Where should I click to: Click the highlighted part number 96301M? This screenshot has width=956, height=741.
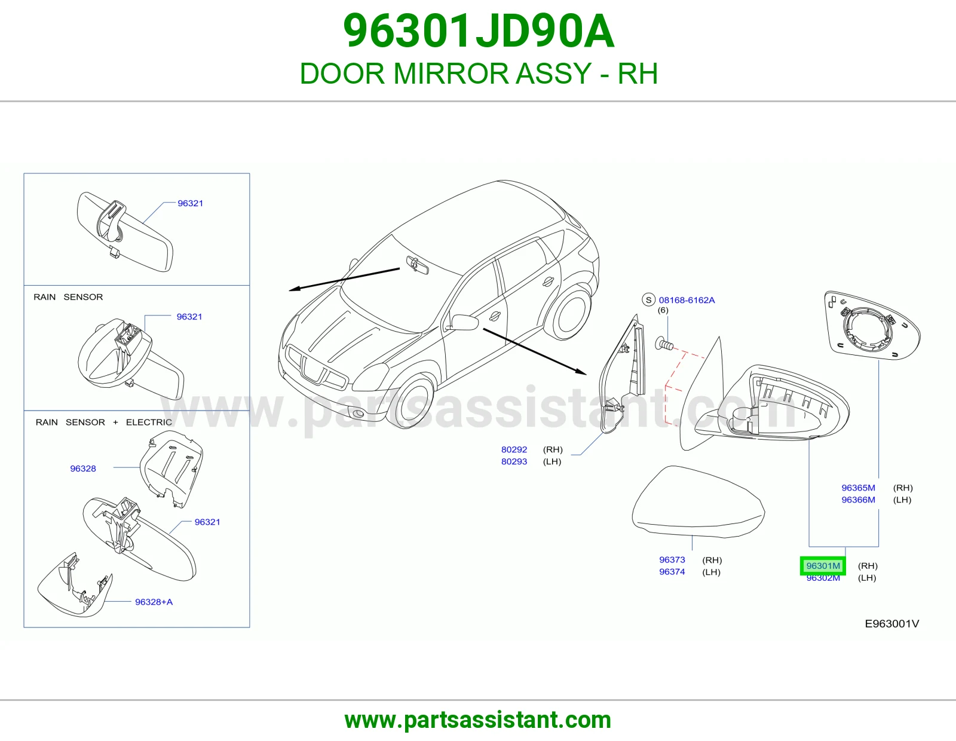pos(823,566)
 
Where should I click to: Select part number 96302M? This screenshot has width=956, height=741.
pos(823,578)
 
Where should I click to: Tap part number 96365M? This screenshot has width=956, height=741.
pos(858,488)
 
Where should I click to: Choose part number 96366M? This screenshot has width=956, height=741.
pos(858,500)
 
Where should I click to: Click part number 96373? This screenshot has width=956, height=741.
pos(672,560)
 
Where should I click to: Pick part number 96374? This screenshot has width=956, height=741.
pos(672,572)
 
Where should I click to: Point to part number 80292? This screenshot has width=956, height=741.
pos(514,449)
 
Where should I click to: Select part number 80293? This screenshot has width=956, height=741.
pos(514,461)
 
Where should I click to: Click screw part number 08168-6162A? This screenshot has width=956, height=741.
pos(687,300)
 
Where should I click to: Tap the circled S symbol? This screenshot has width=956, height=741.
pos(648,300)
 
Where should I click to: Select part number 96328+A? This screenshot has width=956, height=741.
pos(154,602)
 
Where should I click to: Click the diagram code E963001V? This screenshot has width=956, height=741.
pos(891,623)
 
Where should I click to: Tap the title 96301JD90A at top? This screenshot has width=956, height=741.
pos(478,31)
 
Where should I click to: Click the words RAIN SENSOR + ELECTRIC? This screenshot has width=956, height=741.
pos(104,422)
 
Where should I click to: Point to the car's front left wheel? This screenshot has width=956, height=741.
pos(413,400)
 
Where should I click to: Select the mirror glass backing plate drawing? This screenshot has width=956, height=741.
pos(872,326)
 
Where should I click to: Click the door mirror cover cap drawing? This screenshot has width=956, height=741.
pos(698,502)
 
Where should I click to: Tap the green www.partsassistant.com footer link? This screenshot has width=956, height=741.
pos(478,720)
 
